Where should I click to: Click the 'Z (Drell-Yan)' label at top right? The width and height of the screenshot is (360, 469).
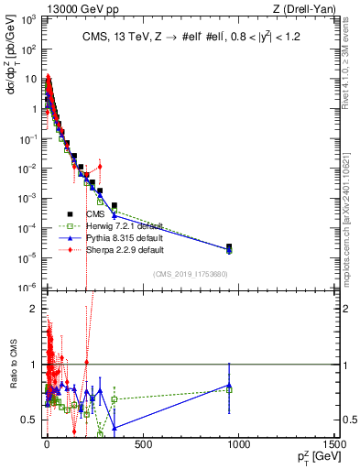[302, 9]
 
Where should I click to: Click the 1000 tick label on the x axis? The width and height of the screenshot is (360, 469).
[238, 444]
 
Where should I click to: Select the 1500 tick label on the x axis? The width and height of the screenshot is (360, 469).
[334, 444]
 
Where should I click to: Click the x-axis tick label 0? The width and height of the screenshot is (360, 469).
[47, 444]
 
